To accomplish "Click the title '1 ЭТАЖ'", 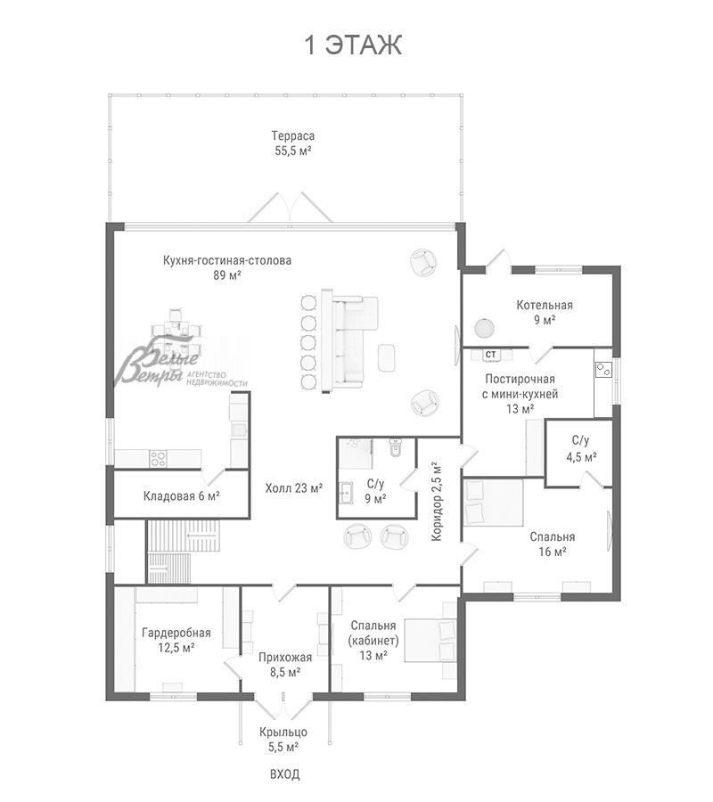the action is click(353, 45).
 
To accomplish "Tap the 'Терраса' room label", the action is click(292, 136).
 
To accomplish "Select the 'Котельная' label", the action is click(545, 306).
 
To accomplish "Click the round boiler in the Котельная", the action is click(484, 328).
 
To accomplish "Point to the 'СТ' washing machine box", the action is click(491, 354).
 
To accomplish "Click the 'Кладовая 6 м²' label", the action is click(182, 496).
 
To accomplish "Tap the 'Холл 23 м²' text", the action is click(293, 488).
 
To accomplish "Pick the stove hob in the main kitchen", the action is click(158, 458).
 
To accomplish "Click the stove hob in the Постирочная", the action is click(603, 369).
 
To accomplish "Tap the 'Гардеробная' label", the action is click(176, 634).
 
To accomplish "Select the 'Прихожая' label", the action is click(285, 658).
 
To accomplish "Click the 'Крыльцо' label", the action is click(283, 732).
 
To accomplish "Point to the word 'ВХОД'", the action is click(285, 774).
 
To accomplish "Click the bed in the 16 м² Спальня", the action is click(493, 503).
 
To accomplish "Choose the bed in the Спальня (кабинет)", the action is click(430, 641).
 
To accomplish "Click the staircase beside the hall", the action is click(183, 552).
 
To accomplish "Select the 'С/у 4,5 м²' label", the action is click(581, 448).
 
